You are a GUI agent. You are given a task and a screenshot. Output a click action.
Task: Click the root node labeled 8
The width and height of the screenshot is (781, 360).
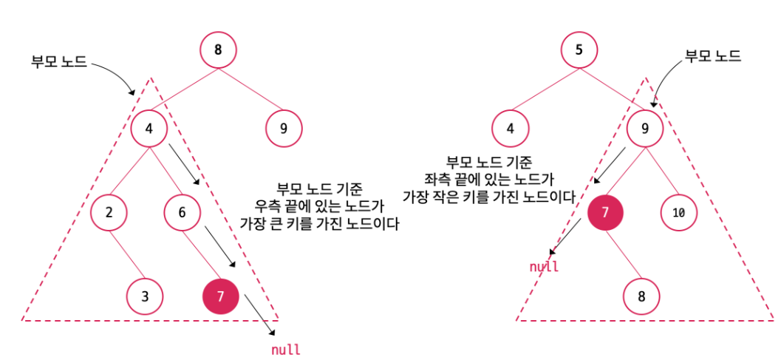pos(217,51)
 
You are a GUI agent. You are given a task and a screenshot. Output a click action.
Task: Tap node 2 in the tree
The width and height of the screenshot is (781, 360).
pos(109,213)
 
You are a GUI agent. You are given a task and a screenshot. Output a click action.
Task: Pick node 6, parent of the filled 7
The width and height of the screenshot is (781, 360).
pos(181,213)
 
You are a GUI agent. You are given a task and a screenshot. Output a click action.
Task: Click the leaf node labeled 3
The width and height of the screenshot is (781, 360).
pos(145,297)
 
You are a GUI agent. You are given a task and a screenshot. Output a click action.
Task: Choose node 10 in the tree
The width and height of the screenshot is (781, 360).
pos(679,213)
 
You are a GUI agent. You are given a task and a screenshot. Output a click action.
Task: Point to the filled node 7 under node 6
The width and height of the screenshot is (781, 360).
pos(220,297)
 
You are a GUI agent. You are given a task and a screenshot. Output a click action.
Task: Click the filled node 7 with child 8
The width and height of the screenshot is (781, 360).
pos(605,213)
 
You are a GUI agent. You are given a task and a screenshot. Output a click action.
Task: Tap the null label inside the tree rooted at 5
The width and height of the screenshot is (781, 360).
pos(544,266)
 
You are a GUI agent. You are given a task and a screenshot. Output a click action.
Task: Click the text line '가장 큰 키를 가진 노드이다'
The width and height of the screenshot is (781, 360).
pos(320,224)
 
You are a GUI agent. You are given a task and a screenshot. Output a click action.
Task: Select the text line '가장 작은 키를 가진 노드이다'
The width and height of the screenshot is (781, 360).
pos(488,197)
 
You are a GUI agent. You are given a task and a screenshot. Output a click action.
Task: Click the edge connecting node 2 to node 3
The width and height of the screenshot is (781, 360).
pos(127,255)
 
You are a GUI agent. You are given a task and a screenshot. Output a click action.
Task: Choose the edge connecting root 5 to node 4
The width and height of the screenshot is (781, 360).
pos(544,90)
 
